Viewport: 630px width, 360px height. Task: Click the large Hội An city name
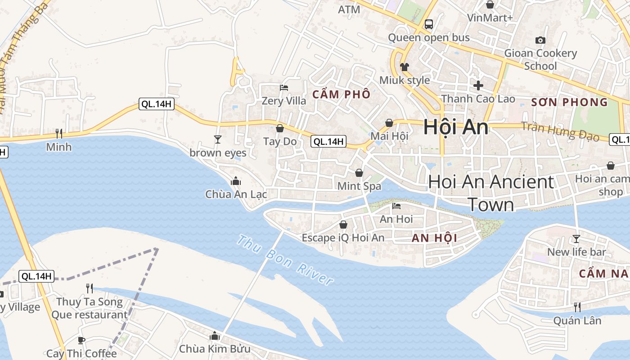point(455,127)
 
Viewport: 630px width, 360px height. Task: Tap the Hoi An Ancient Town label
point(491,193)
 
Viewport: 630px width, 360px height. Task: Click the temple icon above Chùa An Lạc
point(235,181)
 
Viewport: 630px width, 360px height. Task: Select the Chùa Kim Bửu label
point(215,349)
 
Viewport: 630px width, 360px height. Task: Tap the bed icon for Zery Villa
point(283,87)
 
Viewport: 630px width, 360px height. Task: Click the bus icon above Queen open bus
point(428,24)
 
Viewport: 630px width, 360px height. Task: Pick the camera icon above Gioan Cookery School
point(540,40)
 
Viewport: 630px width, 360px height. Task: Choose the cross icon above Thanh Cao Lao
point(478,85)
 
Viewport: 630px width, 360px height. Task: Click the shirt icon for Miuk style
point(405,67)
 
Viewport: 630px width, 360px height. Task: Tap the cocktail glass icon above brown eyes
point(218,139)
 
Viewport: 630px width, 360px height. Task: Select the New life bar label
point(576,252)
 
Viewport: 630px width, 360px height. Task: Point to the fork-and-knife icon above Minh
point(58,133)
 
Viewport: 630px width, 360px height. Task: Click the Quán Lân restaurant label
point(577,320)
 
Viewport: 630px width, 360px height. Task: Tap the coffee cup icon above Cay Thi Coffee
point(81,340)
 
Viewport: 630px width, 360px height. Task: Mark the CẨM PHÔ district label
point(342,94)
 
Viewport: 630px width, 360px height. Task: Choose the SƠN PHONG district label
point(569,102)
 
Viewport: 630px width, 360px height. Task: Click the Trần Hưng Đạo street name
point(560,131)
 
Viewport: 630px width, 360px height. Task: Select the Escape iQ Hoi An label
point(343,238)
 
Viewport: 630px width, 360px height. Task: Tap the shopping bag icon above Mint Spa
point(359,173)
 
